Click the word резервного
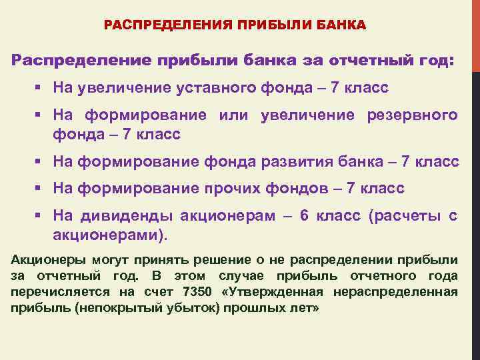413,115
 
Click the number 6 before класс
304,216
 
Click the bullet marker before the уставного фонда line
39,87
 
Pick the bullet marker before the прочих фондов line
39,189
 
